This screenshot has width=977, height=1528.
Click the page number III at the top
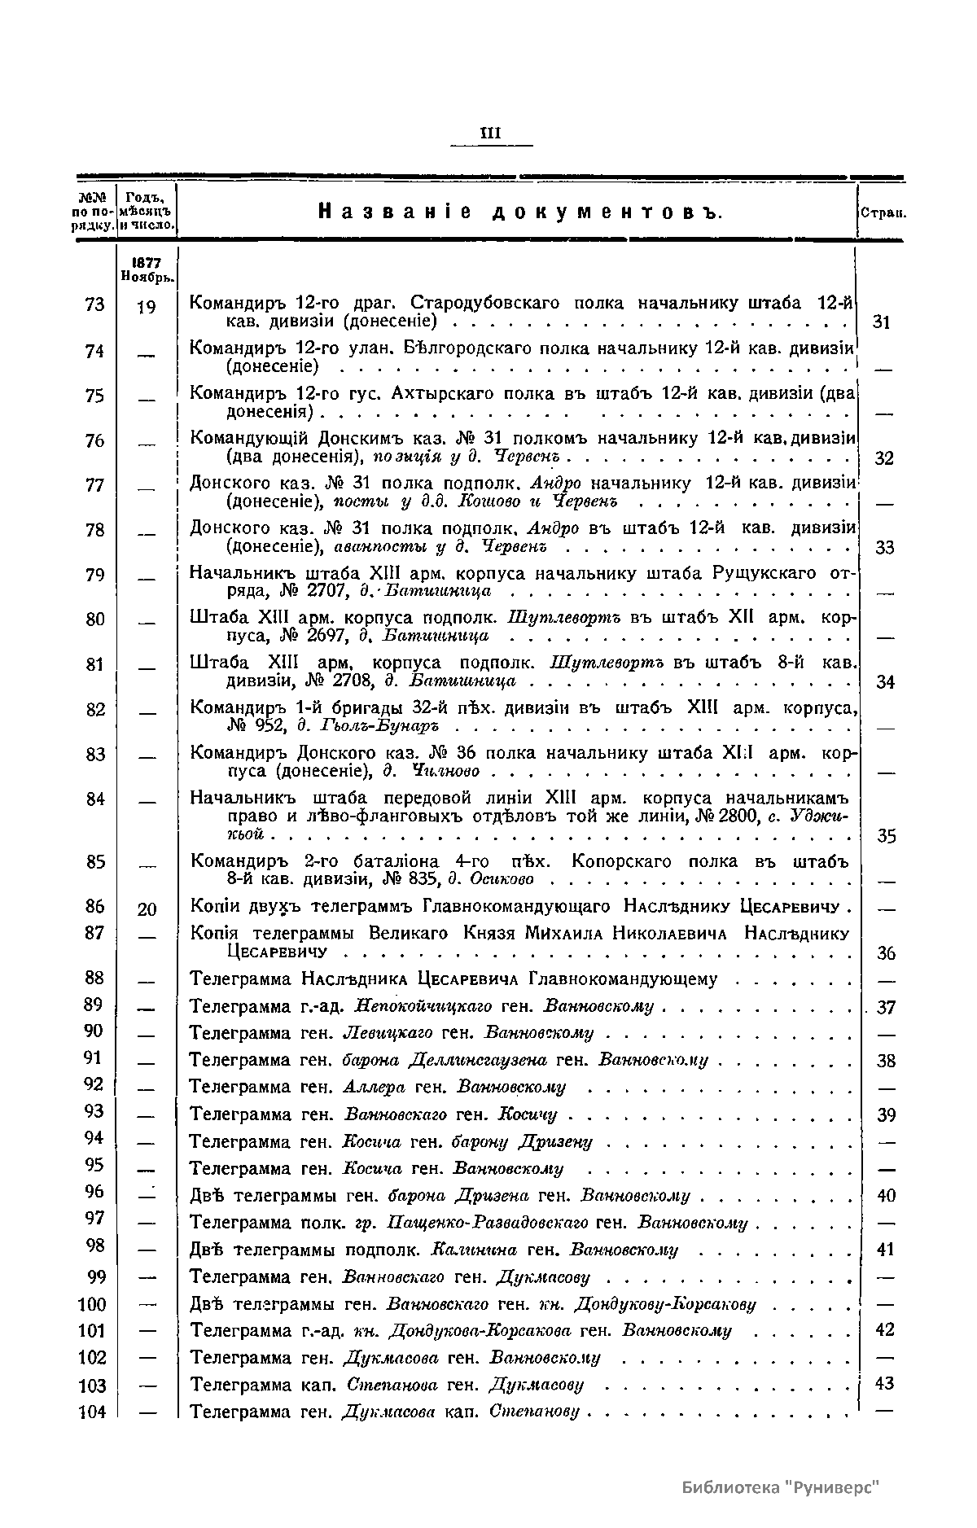click(492, 132)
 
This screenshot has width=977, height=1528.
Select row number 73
click(94, 304)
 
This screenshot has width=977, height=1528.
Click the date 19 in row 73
click(147, 308)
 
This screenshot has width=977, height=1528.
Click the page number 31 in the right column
click(883, 322)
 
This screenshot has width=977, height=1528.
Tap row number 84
click(94, 799)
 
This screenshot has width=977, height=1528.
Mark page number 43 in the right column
click(884, 1383)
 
